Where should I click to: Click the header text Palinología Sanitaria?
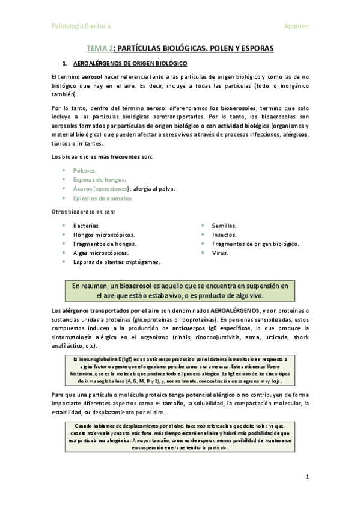pyautogui.click(x=81, y=26)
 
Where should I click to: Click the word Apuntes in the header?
pyautogui.click(x=296, y=26)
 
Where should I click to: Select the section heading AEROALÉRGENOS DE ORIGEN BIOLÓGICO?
pyautogui.click(x=130, y=63)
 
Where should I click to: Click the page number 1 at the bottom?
pyautogui.click(x=307, y=477)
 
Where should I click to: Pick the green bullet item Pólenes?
pyautogui.click(x=85, y=170)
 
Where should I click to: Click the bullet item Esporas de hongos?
pyautogui.click(x=100, y=179)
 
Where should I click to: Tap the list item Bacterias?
pyautogui.click(x=87, y=226)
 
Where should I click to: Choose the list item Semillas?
pyautogui.click(x=224, y=226)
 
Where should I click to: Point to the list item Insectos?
pyautogui.click(x=224, y=235)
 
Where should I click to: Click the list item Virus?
pyautogui.click(x=220, y=253)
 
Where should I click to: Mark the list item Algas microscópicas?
pyautogui.click(x=101, y=253)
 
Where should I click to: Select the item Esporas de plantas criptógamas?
pyautogui.click(x=117, y=263)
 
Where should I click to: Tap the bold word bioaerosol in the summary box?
pyautogui.click(x=136, y=285)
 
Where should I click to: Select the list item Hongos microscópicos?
pyautogui.click(x=104, y=235)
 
